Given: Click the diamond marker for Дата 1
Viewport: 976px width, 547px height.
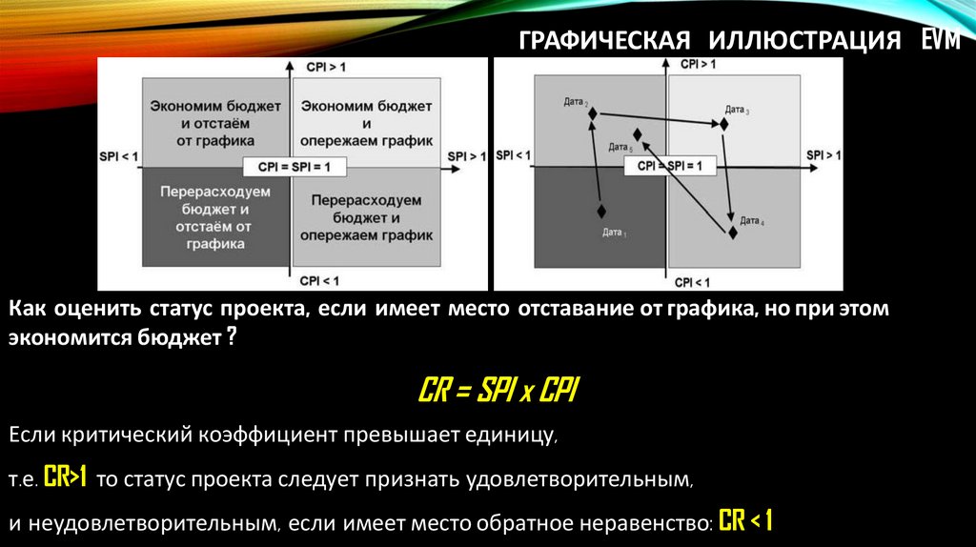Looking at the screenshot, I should [601, 211].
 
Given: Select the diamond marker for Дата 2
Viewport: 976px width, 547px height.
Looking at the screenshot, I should [593, 113].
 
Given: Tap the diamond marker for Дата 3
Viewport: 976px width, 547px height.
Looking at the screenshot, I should [725, 123].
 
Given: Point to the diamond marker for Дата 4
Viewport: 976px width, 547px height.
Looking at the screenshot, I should [733, 231].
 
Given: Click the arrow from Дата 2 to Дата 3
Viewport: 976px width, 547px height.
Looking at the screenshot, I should [658, 118].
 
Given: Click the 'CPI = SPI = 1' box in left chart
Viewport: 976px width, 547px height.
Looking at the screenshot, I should [289, 167].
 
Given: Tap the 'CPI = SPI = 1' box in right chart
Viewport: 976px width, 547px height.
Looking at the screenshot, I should [668, 166].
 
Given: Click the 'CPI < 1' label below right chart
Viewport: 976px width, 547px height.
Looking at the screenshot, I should [693, 283].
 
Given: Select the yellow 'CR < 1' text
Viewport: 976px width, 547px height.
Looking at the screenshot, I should [745, 521].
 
